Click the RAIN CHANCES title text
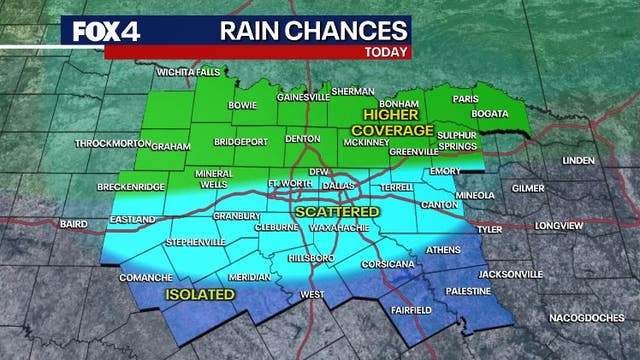coord(299,30)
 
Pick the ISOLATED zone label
coord(200,295)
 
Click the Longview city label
coord(558,226)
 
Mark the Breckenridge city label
coord(129,188)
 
